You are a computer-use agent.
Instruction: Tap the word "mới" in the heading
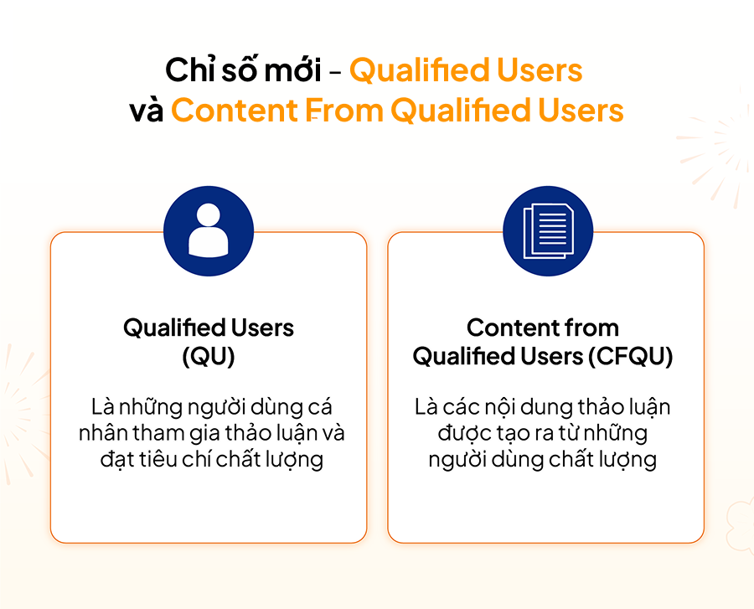pyautogui.click(x=293, y=70)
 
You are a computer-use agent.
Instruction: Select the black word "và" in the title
pyautogui.click(x=147, y=111)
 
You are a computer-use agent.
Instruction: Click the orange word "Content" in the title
pyautogui.click(x=235, y=110)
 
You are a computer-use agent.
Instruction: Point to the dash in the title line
pyautogui.click(x=336, y=73)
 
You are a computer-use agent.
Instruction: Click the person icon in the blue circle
pyautogui.click(x=209, y=230)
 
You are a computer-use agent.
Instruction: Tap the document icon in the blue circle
pyautogui.click(x=548, y=230)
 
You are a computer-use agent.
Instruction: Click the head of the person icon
pyautogui.click(x=209, y=214)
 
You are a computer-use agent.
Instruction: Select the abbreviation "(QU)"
pyautogui.click(x=209, y=356)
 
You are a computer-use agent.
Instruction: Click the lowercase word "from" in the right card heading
pyautogui.click(x=591, y=328)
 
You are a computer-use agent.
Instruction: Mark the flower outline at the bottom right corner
pyautogui.click(x=741, y=525)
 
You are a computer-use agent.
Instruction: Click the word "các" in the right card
pyautogui.click(x=461, y=407)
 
